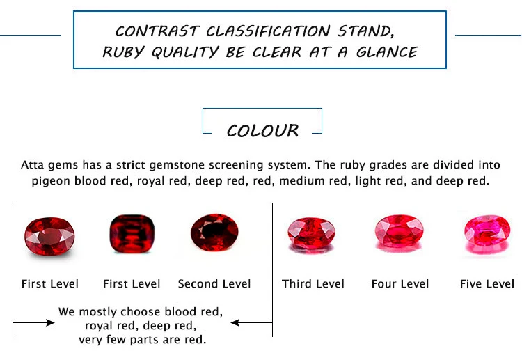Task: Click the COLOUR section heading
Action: (262, 131)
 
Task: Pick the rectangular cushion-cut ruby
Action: (132, 235)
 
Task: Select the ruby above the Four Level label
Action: (400, 233)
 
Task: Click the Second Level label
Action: (214, 284)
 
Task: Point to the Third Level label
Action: (313, 284)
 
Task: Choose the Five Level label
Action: (487, 284)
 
